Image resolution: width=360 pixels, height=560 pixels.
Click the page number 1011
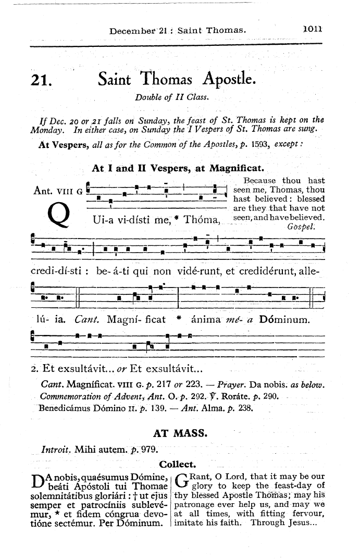point(313,30)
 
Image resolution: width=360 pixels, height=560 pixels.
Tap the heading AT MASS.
point(180,433)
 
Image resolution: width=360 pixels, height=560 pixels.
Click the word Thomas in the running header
point(226,30)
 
